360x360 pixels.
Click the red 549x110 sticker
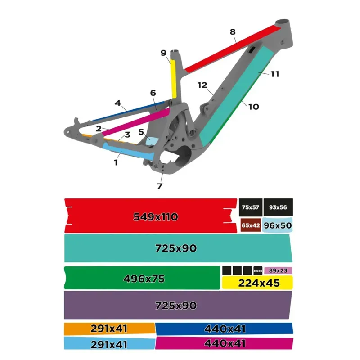click(151, 216)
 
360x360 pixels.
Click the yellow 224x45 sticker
click(257, 283)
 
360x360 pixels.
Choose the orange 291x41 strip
click(109, 329)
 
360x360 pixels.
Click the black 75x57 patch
click(250, 207)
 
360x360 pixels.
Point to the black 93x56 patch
click(278, 207)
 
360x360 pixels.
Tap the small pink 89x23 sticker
click(278, 270)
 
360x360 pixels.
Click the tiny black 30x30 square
click(258, 271)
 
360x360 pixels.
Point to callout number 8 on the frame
click(233, 32)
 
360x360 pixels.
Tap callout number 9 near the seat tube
click(163, 53)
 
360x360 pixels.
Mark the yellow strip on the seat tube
click(173, 79)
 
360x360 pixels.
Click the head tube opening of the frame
click(285, 21)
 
